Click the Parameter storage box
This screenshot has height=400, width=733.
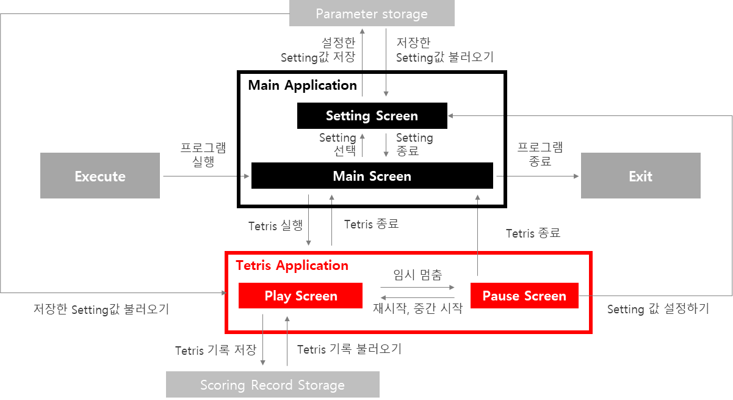tap(372, 13)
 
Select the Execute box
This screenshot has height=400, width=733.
tap(100, 176)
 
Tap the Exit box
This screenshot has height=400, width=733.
tap(640, 176)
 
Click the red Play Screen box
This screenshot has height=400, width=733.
tap(300, 296)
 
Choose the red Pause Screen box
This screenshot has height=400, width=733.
tap(524, 296)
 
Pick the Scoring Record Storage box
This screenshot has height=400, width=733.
tap(272, 385)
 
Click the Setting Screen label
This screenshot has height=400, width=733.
tap(372, 115)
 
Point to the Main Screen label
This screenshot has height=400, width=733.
tap(372, 176)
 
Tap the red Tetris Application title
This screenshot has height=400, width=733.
tap(292, 265)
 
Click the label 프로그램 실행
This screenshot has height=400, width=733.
tap(203, 155)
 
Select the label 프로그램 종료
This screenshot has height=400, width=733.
tap(540, 155)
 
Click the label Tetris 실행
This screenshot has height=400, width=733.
tap(275, 226)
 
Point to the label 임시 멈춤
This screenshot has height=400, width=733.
tap(417, 275)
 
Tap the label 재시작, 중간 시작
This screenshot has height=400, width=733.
tap(417, 308)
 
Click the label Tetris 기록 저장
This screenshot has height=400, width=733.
tap(215, 351)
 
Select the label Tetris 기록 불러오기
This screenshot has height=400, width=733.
tap(349, 349)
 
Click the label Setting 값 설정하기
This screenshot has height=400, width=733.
tap(658, 309)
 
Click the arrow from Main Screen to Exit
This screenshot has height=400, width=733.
tap(540, 176)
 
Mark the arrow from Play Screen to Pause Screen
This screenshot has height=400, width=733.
tap(417, 286)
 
